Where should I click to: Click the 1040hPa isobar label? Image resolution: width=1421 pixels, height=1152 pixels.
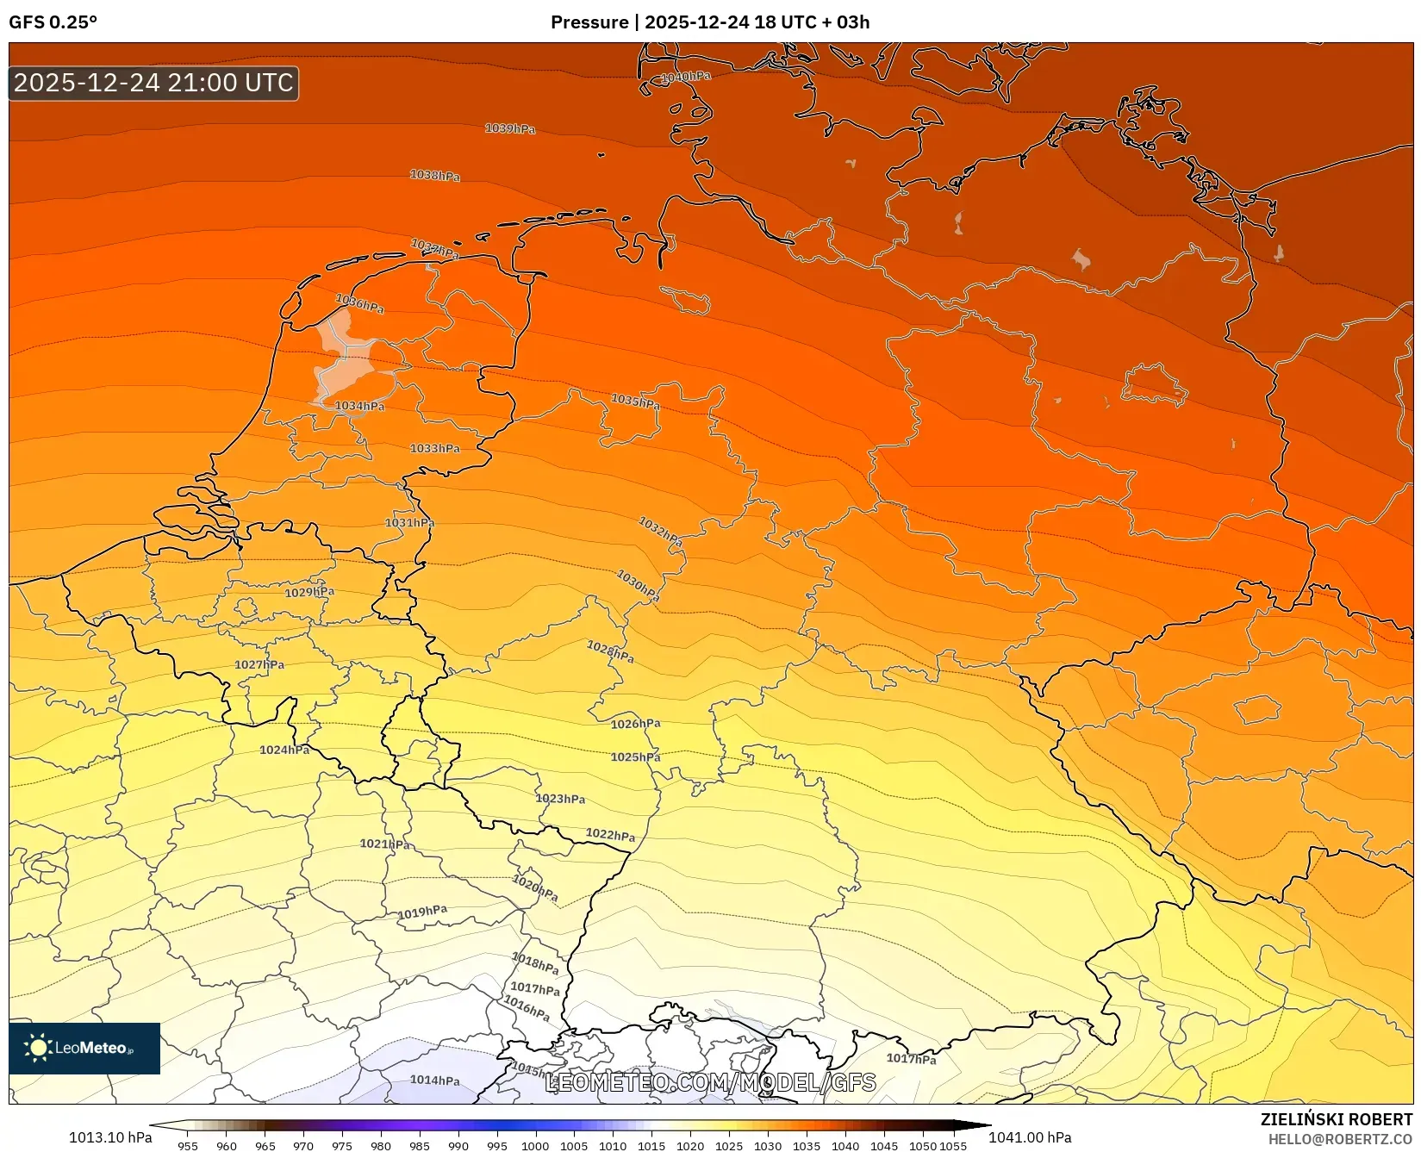(x=686, y=77)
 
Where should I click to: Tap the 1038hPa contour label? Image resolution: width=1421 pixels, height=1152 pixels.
(x=434, y=176)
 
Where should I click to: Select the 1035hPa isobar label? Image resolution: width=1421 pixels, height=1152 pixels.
(x=635, y=402)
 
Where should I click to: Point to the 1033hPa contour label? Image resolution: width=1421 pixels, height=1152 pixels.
(x=434, y=449)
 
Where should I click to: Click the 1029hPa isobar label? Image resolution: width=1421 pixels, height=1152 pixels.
(x=309, y=593)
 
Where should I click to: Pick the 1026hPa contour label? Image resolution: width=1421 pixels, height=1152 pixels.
(x=635, y=724)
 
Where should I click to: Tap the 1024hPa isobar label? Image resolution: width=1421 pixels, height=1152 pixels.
(x=284, y=750)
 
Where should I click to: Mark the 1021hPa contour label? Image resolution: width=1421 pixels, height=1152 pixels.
(x=384, y=844)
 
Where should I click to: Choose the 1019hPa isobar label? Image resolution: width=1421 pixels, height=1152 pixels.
(x=422, y=912)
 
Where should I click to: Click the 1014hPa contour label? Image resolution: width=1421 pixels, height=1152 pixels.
(x=434, y=1080)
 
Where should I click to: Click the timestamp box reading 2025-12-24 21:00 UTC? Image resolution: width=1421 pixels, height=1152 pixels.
(x=153, y=84)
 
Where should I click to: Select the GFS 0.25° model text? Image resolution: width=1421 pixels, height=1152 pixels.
(x=53, y=22)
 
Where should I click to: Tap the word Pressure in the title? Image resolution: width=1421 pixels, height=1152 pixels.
(x=589, y=22)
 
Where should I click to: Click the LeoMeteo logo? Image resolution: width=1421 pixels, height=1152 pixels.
(x=84, y=1049)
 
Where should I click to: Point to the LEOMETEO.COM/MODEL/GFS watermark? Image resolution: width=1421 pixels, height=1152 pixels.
(x=710, y=1083)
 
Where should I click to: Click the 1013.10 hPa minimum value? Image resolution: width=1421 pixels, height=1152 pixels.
(x=110, y=1137)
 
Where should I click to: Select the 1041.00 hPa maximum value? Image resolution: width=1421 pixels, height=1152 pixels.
(x=1030, y=1137)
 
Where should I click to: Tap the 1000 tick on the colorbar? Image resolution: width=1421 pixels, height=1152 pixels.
(x=535, y=1146)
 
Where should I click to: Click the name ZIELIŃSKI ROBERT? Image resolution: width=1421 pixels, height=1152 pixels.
(x=1336, y=1120)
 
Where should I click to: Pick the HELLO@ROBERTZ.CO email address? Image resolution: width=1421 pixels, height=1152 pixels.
(x=1340, y=1139)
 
